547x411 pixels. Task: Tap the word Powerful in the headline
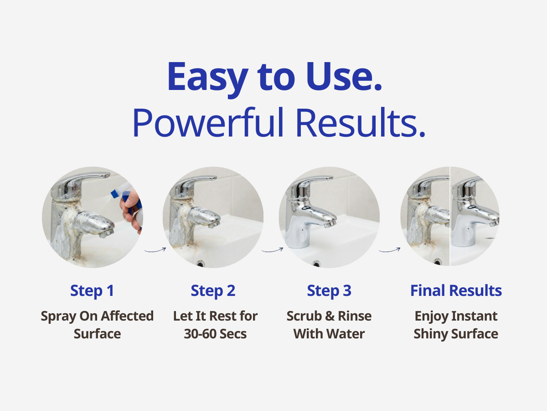click(208, 123)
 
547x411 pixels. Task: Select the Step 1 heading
click(92, 291)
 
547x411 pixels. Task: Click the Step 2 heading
click(213, 291)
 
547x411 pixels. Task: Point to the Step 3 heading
click(329, 291)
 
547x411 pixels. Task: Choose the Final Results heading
click(456, 291)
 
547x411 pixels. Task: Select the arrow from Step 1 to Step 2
click(155, 250)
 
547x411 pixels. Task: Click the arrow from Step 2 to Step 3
click(273, 250)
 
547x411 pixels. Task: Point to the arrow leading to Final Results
click(390, 250)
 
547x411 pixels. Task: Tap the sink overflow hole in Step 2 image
click(200, 263)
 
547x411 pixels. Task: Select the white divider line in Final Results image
click(450, 216)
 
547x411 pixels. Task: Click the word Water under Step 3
click(346, 334)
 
